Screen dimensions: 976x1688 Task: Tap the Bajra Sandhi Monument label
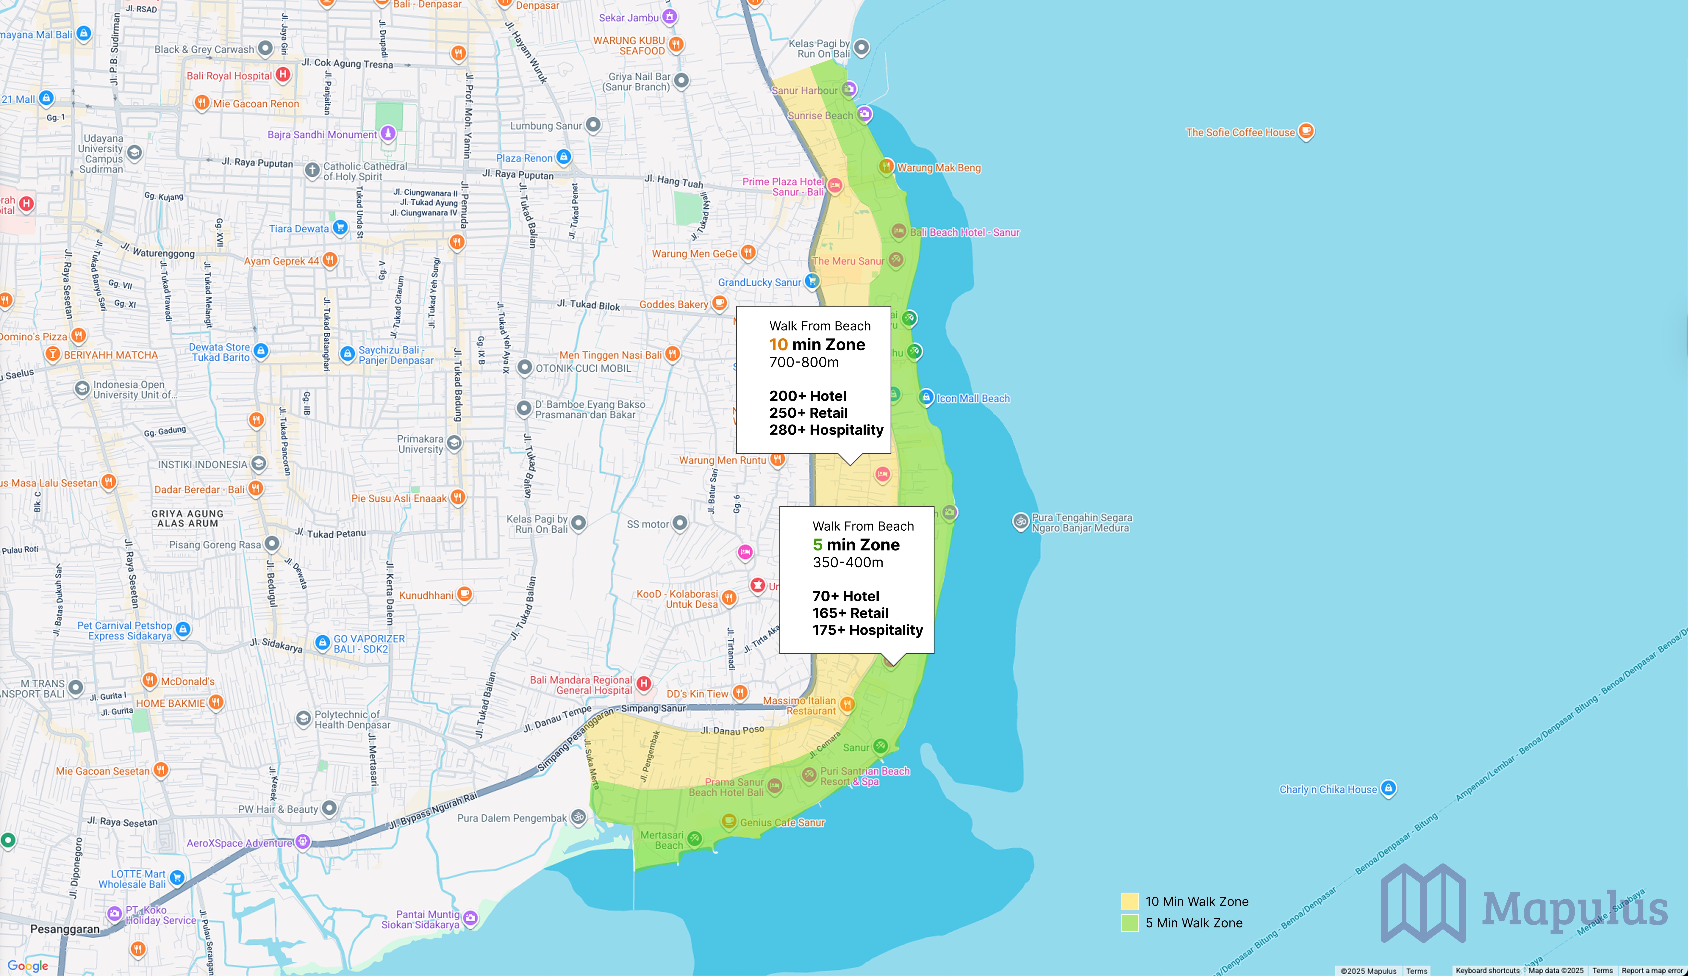322,135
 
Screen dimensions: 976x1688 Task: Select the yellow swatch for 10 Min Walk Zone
1130,901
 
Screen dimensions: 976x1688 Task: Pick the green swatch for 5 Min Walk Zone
1130,922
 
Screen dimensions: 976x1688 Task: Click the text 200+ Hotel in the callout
808,396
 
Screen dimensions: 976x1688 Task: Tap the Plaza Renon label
525,158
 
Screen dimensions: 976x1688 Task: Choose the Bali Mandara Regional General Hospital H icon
644,683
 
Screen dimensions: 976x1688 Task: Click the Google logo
28,965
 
